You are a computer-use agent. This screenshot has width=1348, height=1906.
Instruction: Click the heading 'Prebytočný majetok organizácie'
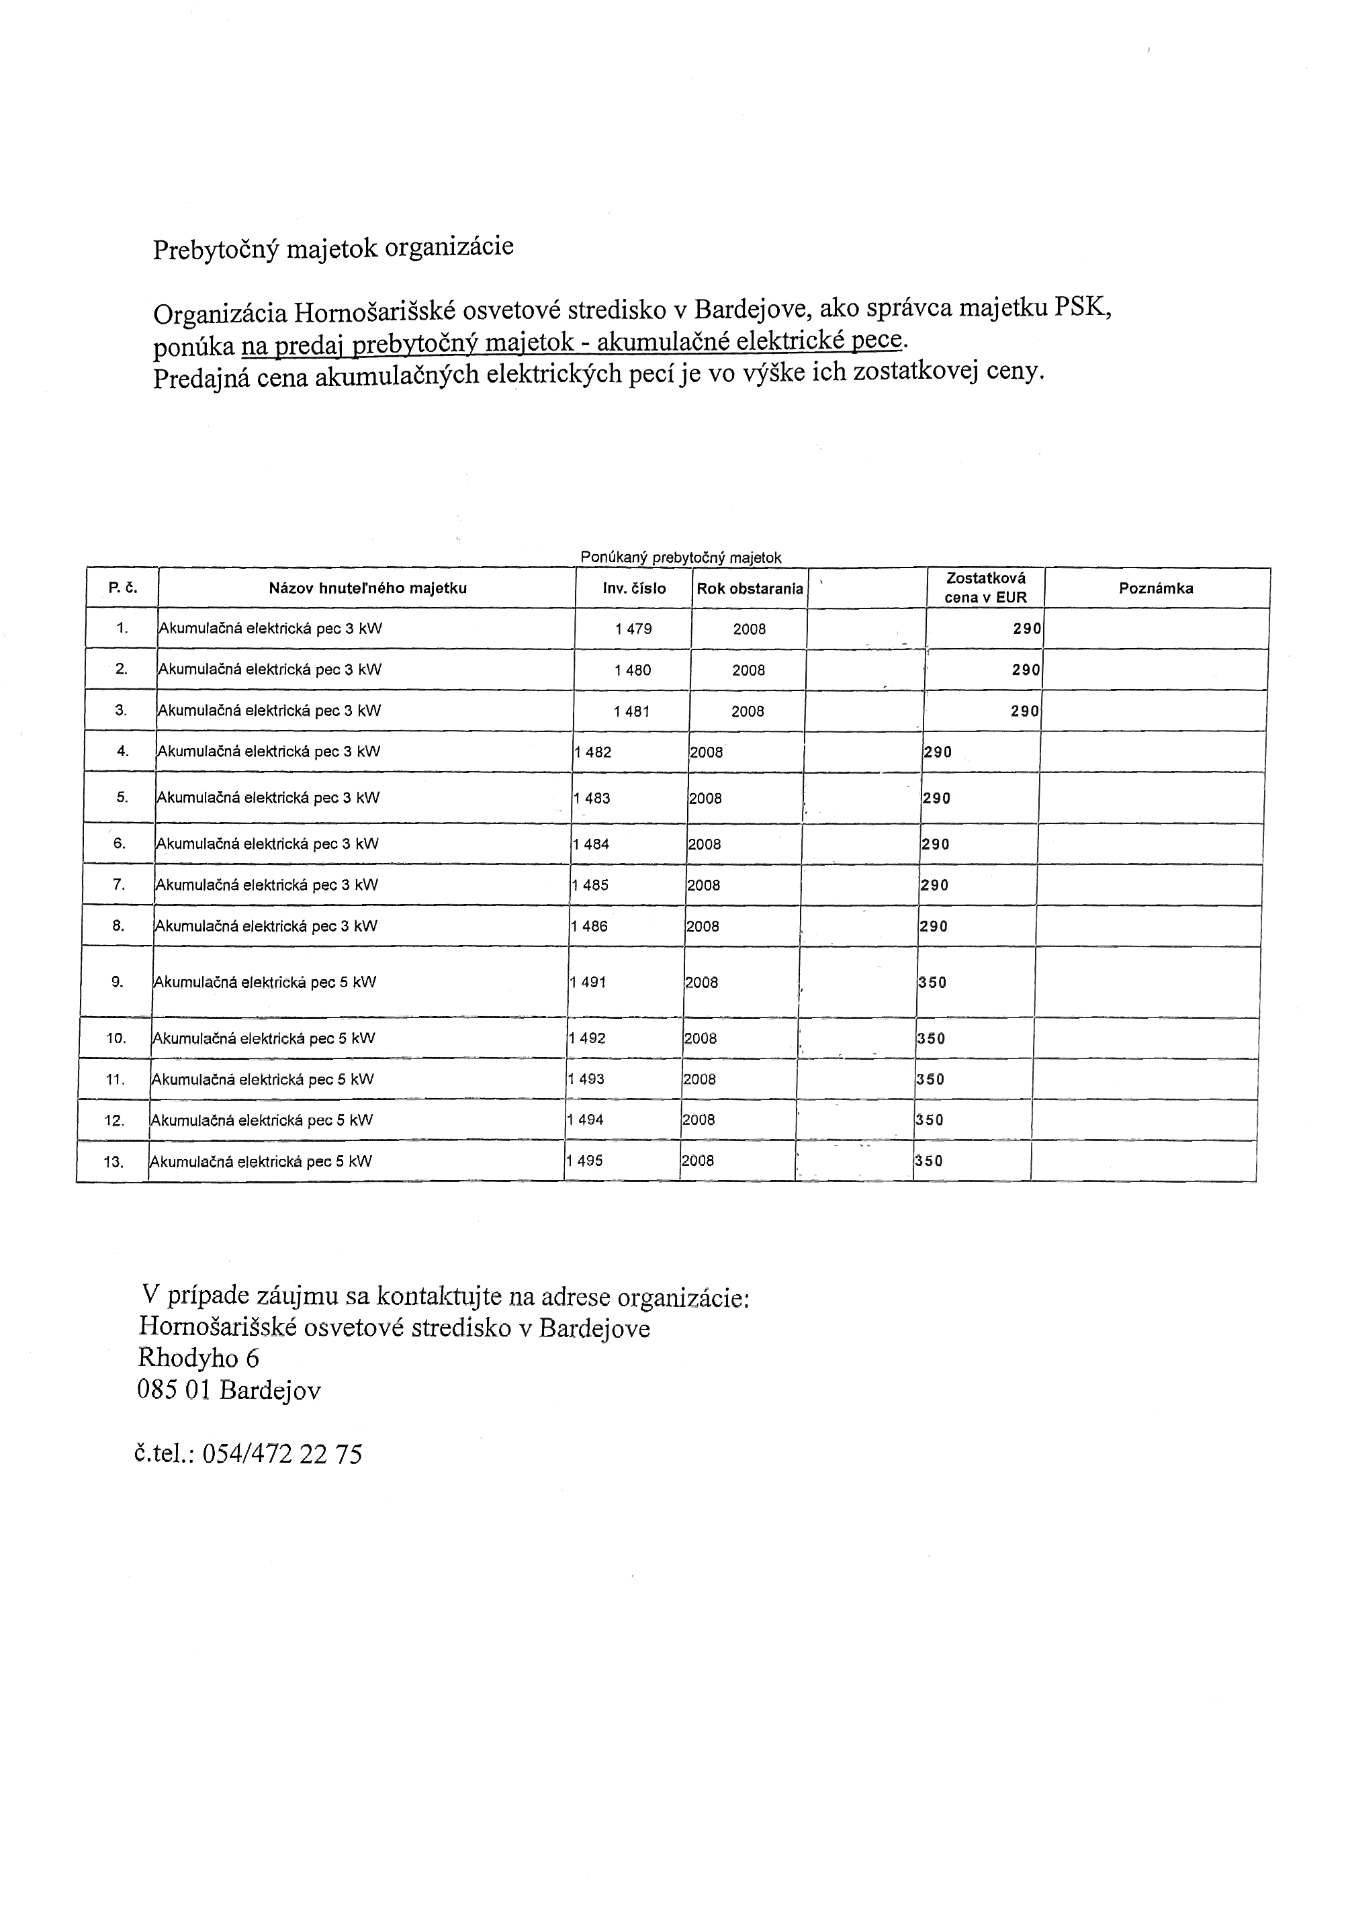(333, 247)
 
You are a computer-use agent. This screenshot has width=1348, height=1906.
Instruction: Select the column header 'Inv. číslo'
(634, 588)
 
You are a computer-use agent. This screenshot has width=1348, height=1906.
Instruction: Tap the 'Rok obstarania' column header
(750, 588)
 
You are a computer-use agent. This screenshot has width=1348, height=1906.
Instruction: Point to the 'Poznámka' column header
(1155, 588)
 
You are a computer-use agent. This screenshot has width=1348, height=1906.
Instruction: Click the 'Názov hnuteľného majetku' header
(367, 588)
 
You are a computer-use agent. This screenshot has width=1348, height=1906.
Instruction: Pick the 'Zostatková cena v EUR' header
(985, 588)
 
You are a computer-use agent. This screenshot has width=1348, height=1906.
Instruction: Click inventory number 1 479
(633, 629)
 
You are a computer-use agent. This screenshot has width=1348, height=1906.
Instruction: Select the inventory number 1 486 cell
(589, 926)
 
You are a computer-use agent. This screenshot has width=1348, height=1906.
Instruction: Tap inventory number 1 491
(588, 982)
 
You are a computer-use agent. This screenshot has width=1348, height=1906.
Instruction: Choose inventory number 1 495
(584, 1161)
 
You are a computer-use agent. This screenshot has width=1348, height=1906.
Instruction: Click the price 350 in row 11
(930, 1079)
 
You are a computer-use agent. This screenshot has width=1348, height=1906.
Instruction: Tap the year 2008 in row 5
(705, 799)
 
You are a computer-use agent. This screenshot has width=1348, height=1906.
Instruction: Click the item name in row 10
(263, 1038)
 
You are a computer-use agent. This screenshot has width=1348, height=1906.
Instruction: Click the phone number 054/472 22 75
(282, 1453)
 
